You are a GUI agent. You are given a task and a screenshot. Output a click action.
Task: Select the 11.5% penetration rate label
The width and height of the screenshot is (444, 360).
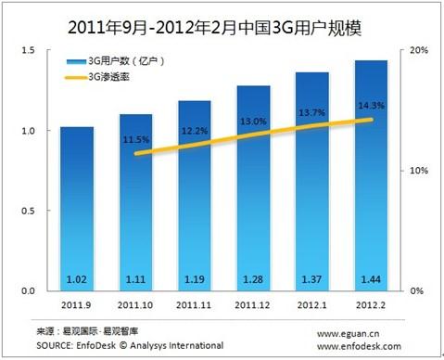[x=133, y=139]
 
